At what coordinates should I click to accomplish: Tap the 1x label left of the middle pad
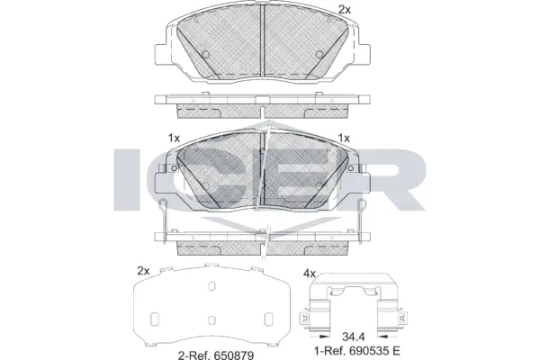point(174,138)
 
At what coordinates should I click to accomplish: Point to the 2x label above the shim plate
point(142,270)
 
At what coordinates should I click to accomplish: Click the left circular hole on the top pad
point(205,53)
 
